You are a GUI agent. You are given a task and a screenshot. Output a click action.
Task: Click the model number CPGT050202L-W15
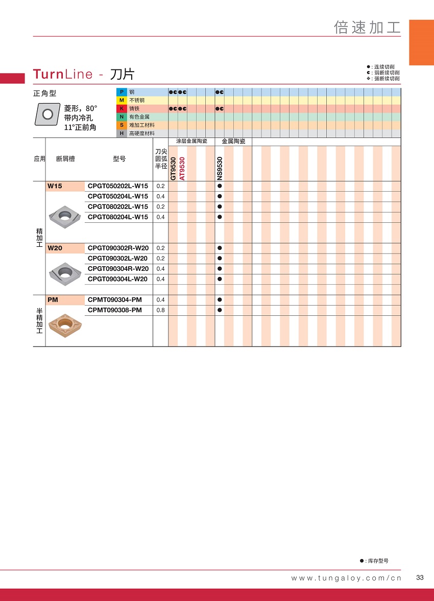118,186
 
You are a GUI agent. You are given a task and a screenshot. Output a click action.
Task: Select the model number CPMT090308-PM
115,310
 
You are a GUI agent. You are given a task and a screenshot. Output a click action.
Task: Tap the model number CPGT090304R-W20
118,269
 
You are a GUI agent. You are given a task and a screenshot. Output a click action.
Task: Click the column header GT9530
173,168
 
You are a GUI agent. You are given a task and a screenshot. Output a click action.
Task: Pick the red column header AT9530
182,168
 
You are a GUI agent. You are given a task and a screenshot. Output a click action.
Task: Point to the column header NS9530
220,168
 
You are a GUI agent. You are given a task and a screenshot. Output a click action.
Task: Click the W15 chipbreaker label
55,186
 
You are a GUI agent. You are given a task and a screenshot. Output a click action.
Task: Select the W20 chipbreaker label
55,248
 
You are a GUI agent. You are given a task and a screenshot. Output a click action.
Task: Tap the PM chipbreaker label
53,300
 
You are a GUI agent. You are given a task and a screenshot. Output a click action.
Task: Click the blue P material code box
122,92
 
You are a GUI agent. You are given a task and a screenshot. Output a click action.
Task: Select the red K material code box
122,109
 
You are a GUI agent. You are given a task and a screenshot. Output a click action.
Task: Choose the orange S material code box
122,125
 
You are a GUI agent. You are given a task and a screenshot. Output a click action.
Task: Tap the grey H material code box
122,133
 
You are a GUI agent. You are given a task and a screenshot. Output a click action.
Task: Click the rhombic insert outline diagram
47,114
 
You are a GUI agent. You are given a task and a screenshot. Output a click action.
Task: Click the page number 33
420,577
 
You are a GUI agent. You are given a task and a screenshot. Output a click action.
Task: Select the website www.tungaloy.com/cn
346,578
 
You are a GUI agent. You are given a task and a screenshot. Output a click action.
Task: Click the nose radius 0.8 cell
160,310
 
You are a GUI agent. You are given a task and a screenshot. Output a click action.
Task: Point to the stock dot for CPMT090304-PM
220,300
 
